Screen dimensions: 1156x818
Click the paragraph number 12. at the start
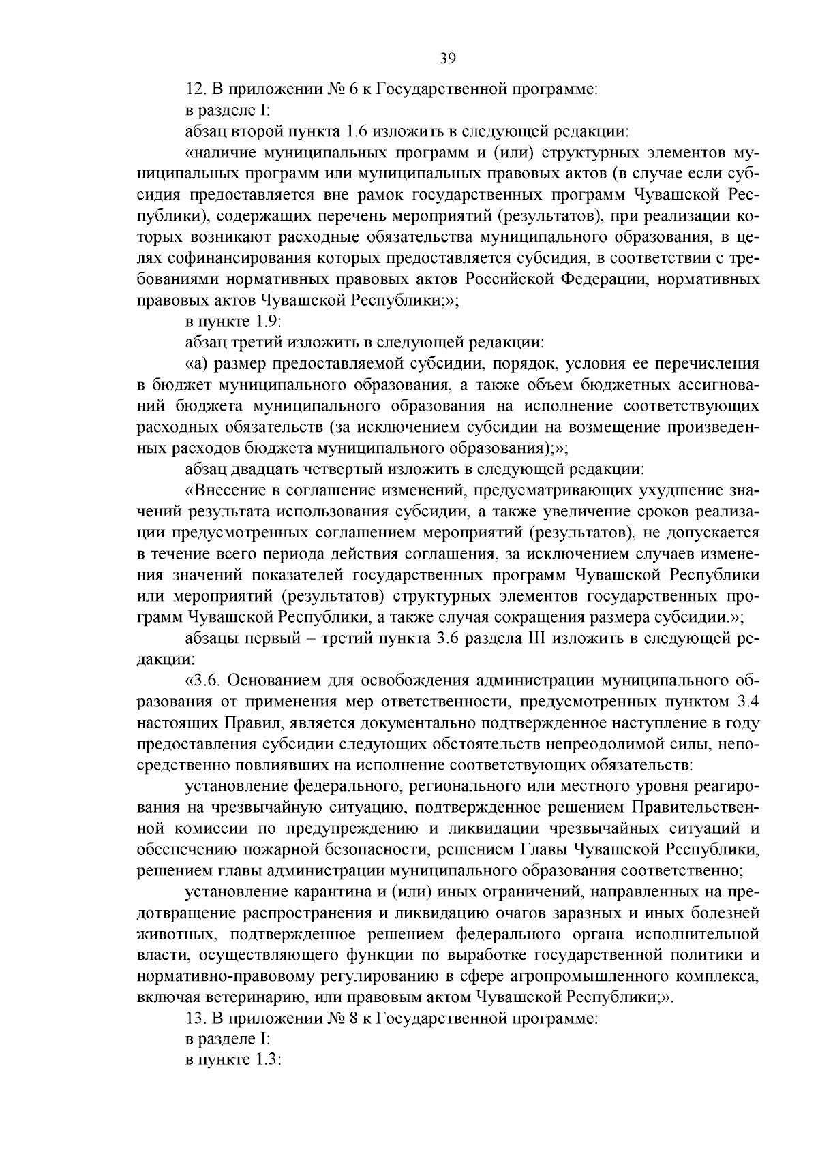pyautogui.click(x=196, y=89)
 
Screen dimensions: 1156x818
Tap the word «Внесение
pyautogui.click(x=225, y=490)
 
